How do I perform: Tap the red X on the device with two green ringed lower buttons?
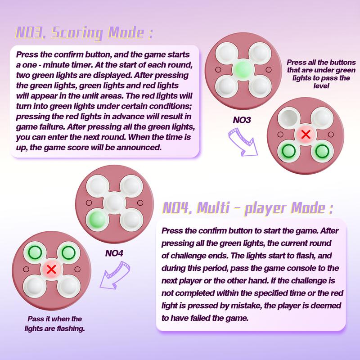point(306,134)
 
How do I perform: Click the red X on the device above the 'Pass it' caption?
point(51,269)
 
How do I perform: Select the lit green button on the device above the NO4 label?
point(98,220)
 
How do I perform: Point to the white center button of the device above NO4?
point(114,203)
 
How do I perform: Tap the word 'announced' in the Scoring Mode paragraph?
point(139,148)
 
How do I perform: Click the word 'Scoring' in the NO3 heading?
point(76,33)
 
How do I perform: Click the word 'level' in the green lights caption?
point(321,86)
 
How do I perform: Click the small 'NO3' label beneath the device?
point(242,120)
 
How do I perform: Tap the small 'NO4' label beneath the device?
point(114,253)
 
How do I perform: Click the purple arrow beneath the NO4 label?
point(115,275)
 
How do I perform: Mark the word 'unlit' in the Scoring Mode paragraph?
point(89,96)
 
